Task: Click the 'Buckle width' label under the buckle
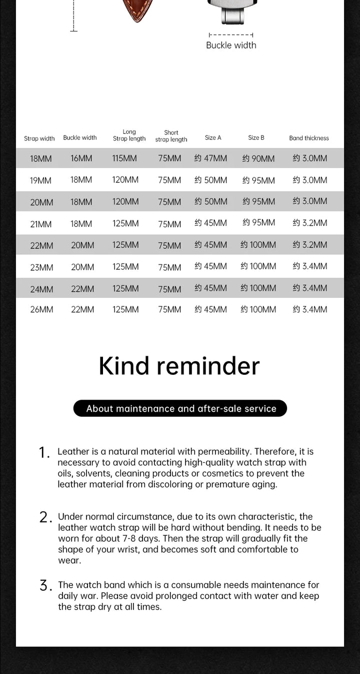click(x=231, y=45)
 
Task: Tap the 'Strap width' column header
click(x=39, y=138)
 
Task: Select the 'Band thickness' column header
click(x=309, y=138)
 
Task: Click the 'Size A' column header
click(x=213, y=137)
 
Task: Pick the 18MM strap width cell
click(x=40, y=159)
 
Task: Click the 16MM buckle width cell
click(x=81, y=158)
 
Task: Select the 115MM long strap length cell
click(x=124, y=158)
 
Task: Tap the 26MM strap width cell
click(x=41, y=310)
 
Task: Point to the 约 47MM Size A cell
click(x=210, y=158)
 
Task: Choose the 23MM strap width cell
click(x=41, y=267)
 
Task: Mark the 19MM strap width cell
click(x=40, y=180)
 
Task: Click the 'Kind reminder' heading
click(x=179, y=366)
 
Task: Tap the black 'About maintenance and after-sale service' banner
click(x=180, y=409)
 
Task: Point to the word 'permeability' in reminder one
click(x=222, y=452)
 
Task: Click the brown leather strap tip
click(x=137, y=10)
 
